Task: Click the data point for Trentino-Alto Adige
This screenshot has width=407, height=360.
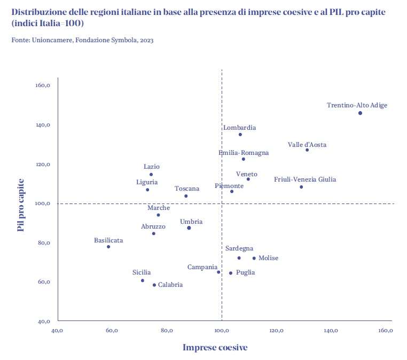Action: (x=360, y=113)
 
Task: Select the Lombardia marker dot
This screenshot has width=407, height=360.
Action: (x=240, y=135)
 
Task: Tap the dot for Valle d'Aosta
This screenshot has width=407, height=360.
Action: (x=307, y=150)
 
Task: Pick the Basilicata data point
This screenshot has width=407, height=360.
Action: (x=108, y=247)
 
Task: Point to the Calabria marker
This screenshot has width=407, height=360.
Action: (x=154, y=285)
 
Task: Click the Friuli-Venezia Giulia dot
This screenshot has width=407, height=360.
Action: (x=301, y=187)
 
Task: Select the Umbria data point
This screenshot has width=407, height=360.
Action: (x=189, y=228)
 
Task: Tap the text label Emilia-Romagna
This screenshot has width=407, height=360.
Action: (x=244, y=153)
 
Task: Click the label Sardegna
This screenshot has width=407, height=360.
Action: (x=239, y=248)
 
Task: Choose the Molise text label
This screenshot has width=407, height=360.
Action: (x=268, y=259)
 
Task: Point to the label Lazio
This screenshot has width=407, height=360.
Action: (x=152, y=167)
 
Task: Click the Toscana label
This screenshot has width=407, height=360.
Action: (x=187, y=189)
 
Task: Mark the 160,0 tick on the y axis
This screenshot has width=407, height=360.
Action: (x=43, y=85)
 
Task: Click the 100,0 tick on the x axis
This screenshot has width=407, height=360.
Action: (x=222, y=331)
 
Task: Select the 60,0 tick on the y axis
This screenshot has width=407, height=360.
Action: (x=43, y=282)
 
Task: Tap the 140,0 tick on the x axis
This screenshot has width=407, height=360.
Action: (x=331, y=331)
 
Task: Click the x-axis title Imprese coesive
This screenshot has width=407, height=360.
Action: (x=215, y=348)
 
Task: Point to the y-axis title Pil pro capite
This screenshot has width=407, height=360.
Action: (x=21, y=205)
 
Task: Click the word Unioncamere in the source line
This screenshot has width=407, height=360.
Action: (x=51, y=40)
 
